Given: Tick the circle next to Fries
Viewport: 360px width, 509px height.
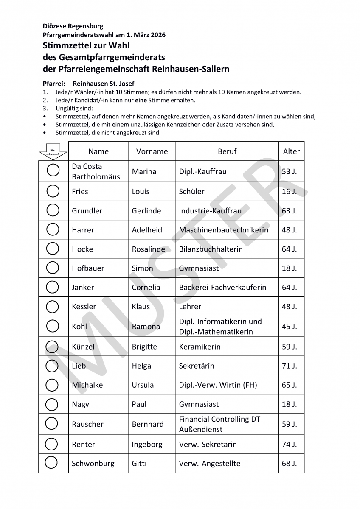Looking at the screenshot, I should (53, 191).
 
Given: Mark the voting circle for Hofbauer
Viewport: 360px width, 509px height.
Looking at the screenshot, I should (53, 268).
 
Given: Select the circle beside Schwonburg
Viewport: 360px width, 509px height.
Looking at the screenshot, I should (51, 463).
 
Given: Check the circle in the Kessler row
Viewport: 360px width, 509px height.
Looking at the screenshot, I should (53, 306).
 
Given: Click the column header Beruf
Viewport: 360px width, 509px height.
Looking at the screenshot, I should (227, 151).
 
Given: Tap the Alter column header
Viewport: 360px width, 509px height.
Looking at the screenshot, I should (291, 151).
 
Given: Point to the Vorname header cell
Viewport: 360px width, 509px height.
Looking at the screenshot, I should (152, 151).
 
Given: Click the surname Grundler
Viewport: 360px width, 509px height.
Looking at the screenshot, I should (87, 211).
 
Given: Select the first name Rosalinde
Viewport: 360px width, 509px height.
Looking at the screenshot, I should (148, 249).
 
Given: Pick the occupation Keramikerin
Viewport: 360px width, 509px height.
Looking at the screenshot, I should (200, 347).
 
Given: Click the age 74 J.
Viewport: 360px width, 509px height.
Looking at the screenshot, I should (289, 444).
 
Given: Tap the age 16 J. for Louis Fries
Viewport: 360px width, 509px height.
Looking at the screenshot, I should (289, 191).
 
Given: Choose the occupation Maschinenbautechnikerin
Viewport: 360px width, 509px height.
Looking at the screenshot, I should (223, 230).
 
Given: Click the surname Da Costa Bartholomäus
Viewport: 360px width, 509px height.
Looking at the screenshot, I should (96, 171).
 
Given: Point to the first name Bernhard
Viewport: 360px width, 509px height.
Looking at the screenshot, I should (147, 424).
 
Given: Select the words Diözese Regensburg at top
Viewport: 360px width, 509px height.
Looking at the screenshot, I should (73, 26).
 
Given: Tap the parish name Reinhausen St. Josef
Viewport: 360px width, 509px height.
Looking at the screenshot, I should (104, 84).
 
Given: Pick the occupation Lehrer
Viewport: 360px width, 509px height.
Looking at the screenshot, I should (190, 306).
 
